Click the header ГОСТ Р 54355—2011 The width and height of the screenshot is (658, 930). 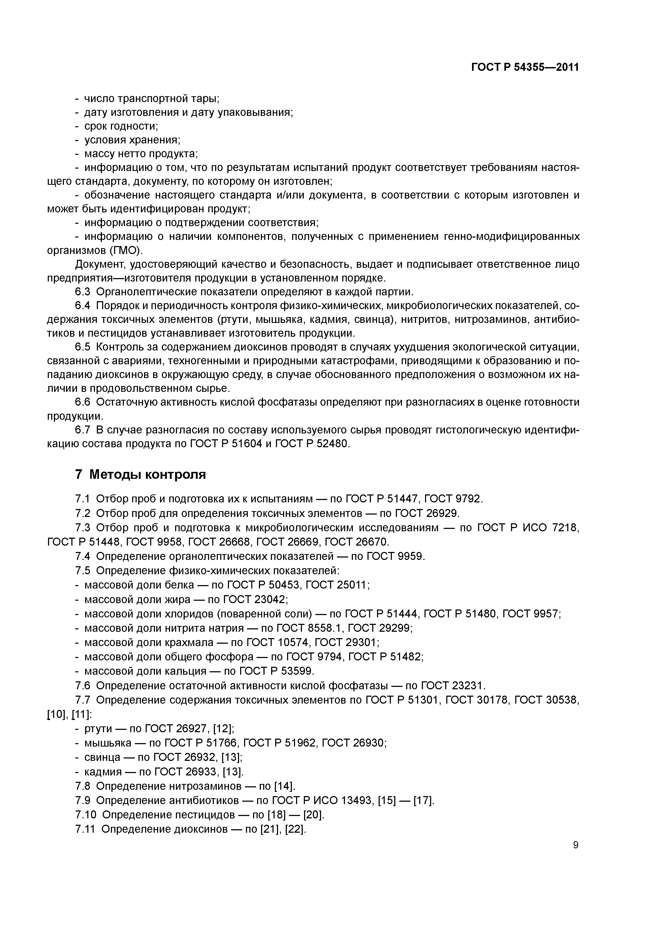pyautogui.click(x=525, y=67)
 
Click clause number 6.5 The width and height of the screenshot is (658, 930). pyautogui.click(x=83, y=347)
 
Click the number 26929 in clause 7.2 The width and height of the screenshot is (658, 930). pyautogui.click(x=442, y=514)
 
